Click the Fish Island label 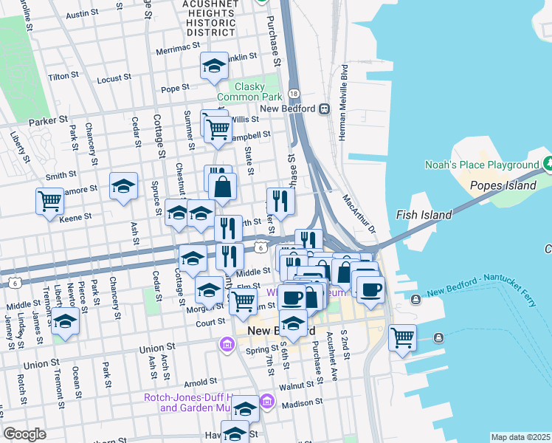pos(424,215)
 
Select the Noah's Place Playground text pos(482,165)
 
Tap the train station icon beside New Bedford pos(323,109)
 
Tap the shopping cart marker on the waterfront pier pos(402,339)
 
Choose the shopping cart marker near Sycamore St pos(49,201)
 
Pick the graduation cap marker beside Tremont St pos(65,323)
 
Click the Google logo pos(24,434)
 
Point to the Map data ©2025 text pos(520,437)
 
